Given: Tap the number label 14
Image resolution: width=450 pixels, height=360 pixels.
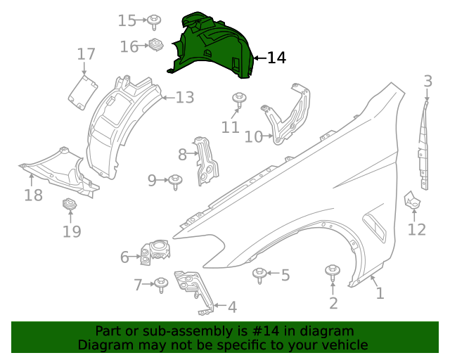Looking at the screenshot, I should point(277,58).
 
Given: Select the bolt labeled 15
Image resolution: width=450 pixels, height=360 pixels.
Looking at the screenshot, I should point(153,21).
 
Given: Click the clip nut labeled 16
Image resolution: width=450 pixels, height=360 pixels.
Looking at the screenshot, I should point(155,46).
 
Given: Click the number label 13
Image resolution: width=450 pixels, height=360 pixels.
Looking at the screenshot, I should point(184,98).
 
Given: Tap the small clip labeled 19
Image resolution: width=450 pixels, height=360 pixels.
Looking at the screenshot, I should point(70,205).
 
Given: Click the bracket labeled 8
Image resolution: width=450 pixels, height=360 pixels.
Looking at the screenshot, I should point(207,162).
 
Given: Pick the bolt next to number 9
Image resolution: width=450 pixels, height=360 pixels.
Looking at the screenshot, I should point(175,181).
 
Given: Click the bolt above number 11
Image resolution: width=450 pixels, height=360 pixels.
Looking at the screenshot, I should point(239,99).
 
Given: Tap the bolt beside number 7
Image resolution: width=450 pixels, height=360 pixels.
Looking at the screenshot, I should point(161,284).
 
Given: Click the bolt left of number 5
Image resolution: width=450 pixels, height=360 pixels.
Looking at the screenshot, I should point(259,274).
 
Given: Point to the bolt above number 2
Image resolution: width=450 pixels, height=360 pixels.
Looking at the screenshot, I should point(332,272).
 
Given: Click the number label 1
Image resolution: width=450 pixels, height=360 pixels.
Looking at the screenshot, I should point(380,293).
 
